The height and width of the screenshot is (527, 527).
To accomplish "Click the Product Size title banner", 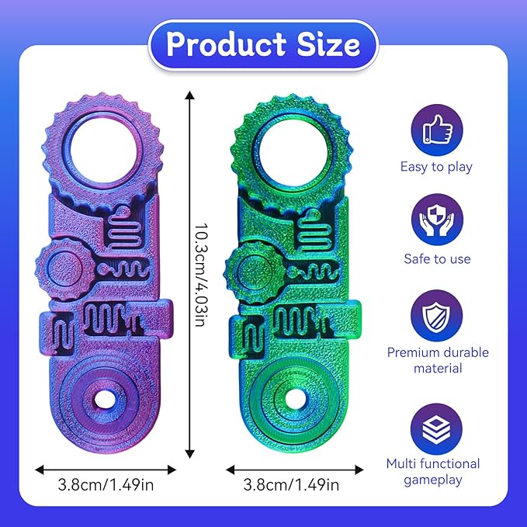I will pyautogui.click(x=263, y=44).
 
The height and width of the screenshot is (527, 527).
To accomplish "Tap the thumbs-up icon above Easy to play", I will pyautogui.click(x=436, y=130).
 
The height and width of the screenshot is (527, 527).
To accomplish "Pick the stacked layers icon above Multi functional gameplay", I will pyautogui.click(x=436, y=426).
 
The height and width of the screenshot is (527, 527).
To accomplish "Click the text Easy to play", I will pyautogui.click(x=436, y=166).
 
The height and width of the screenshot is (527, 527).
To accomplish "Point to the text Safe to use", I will pyautogui.click(x=437, y=258).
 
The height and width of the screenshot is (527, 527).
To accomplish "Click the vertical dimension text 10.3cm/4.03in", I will pyautogui.click(x=199, y=276).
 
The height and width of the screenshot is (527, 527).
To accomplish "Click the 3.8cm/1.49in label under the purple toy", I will pyautogui.click(x=105, y=487).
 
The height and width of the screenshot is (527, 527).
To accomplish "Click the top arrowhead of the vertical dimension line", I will pyautogui.click(x=189, y=94).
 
